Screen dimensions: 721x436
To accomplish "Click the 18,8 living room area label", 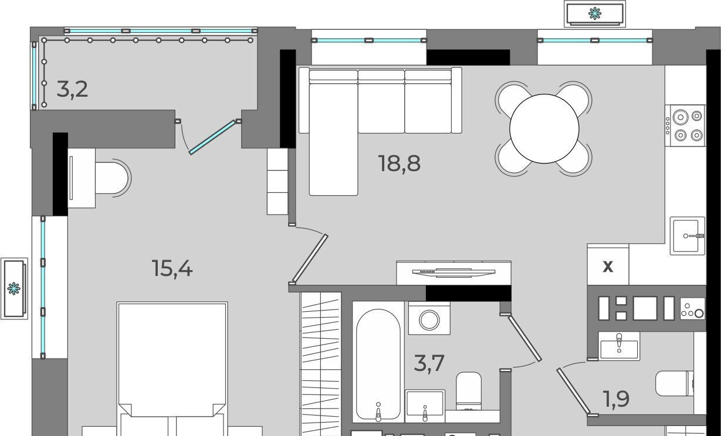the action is click(399, 163).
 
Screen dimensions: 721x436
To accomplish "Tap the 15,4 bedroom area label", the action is click(172, 268).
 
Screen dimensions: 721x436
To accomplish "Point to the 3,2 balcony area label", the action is click(72, 89).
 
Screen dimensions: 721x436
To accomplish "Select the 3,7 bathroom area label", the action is click(429, 363).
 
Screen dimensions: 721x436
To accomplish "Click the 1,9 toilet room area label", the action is click(616, 399).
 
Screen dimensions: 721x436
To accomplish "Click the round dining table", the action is click(544, 128).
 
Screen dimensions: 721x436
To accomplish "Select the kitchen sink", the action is click(687, 236).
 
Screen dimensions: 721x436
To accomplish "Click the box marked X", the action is click(608, 266).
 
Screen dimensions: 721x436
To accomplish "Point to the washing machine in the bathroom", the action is click(429, 319).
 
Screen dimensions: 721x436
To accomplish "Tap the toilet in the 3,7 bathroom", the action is click(469, 391).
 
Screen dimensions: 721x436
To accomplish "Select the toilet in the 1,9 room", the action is click(675, 384).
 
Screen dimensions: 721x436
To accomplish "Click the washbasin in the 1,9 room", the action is click(619, 346).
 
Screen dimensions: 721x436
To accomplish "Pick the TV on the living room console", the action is click(454, 272).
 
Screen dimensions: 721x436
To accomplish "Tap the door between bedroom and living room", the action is click(310, 258).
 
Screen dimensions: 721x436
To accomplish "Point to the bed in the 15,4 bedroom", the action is click(172, 369).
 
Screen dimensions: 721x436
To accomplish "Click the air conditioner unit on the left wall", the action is click(14, 289).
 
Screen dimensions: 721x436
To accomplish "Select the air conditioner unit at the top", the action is click(595, 14).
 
